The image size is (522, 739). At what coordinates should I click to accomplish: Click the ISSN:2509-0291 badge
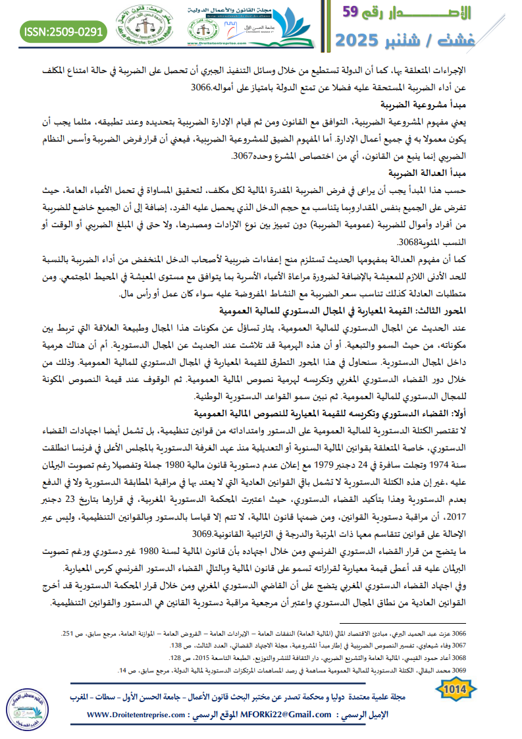pos(63,30)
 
